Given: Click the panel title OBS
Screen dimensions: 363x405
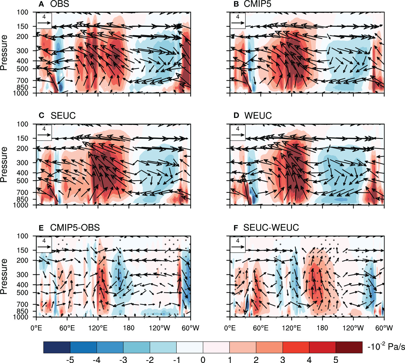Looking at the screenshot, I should (60, 4).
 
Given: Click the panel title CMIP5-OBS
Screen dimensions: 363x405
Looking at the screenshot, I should (75, 228).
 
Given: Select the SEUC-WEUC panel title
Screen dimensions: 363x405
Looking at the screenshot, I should (271, 228).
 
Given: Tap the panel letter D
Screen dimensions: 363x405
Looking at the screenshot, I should (236, 116).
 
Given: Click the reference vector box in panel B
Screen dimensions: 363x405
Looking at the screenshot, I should (237, 21).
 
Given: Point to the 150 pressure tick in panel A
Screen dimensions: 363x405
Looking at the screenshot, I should (23, 26).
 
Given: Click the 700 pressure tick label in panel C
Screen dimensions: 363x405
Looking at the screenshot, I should (23, 193).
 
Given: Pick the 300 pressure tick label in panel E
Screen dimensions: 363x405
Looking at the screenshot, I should (23, 275).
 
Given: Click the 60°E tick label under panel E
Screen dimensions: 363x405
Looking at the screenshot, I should (67, 328).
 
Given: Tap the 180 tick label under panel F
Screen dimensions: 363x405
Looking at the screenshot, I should (322, 328).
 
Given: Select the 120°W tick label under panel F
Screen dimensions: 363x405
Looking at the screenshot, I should (353, 328).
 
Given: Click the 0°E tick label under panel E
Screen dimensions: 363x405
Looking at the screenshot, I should (36, 328).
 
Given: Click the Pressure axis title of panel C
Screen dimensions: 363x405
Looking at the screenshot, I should (4, 165).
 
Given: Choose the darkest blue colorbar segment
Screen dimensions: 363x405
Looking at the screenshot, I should (57, 347).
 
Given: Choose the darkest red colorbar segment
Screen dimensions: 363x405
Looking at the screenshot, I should (349, 347).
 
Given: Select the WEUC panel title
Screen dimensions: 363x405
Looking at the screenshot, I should (258, 116).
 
